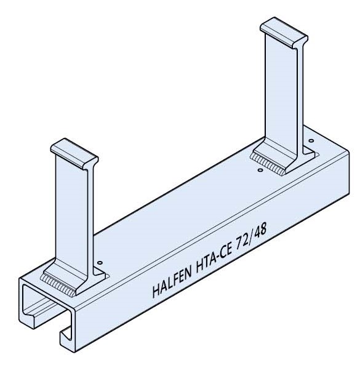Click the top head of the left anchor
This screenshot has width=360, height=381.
click(x=74, y=151)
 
